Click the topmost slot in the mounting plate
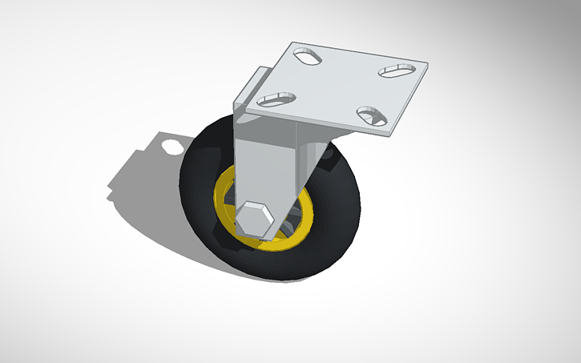(x=307, y=56)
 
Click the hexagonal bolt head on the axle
(x=255, y=220)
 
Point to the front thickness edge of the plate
(x=313, y=120)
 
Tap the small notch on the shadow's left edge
(x=110, y=190)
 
